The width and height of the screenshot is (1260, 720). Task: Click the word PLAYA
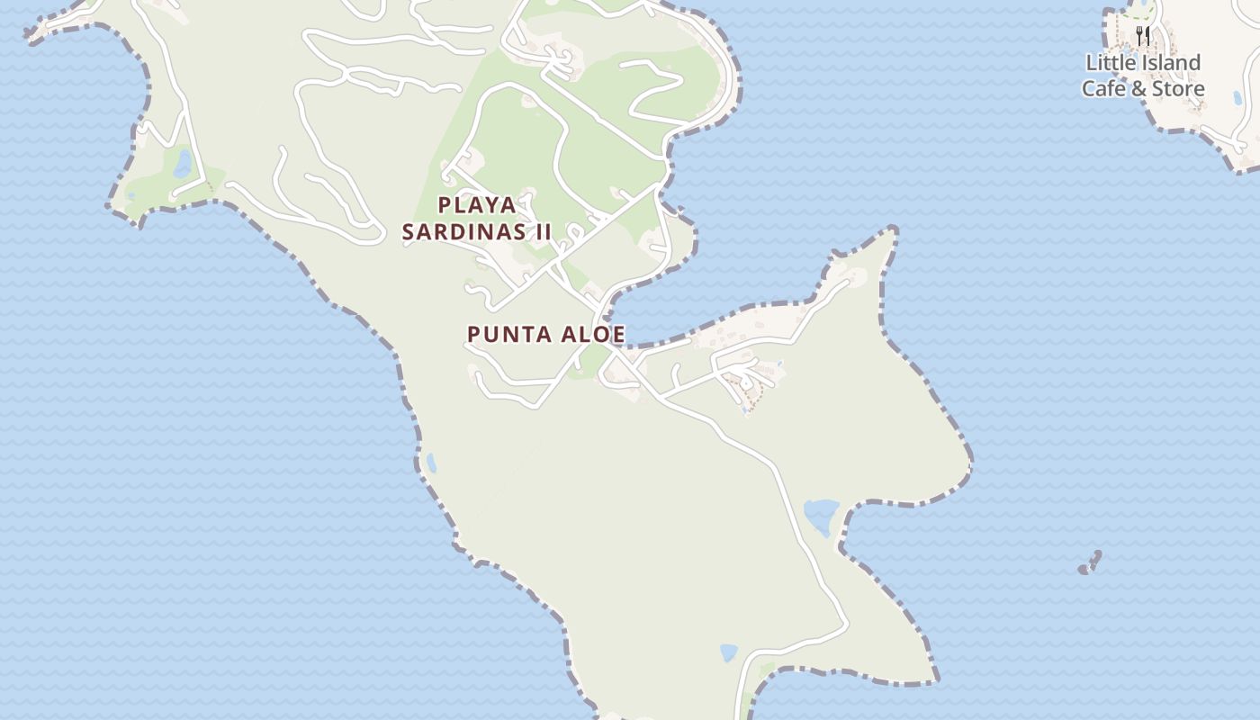tap(477, 204)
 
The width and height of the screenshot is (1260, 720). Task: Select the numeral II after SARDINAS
tap(543, 231)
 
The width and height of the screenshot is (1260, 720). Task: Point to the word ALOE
tap(594, 334)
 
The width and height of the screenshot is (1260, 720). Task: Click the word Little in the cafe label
tap(1112, 63)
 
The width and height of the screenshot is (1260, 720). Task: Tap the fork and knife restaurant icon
tap(1143, 36)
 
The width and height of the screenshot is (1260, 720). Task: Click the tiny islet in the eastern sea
tap(1090, 563)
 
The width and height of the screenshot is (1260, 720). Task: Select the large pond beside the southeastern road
tap(821, 517)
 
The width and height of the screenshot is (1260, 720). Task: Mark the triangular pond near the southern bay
tap(728, 652)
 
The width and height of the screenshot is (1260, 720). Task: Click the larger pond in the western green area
tap(183, 164)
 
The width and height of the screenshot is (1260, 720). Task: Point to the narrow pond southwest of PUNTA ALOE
tap(431, 463)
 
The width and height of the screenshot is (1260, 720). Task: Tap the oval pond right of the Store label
tap(1238, 97)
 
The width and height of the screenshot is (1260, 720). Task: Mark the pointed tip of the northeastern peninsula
tap(894, 231)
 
